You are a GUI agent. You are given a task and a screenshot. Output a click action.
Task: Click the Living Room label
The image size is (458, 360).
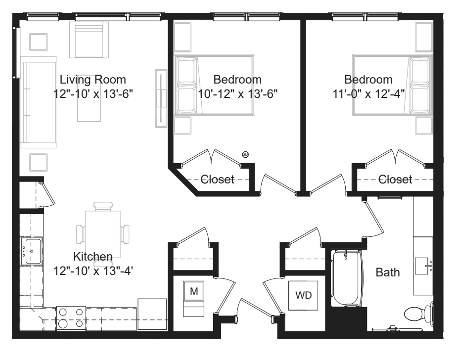tap(92, 80)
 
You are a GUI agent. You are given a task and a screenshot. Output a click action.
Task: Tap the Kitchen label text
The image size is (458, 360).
tap(93, 257)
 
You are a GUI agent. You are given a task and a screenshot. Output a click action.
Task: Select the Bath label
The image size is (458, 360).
tap(388, 272)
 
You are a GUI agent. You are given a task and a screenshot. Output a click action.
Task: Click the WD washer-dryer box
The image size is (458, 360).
tap(303, 296)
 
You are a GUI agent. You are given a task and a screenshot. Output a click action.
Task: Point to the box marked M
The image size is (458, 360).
tap(194, 291)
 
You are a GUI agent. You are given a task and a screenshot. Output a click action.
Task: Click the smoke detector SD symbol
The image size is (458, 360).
tap(245, 154)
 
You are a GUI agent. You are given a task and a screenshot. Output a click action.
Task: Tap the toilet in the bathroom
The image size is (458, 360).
tap(418, 314)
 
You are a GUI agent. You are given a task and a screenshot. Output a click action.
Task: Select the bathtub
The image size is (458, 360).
tap(346, 278)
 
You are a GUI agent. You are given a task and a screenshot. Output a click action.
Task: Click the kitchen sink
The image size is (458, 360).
tap(32, 251)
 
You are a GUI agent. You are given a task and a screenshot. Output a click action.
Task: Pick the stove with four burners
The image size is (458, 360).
tap(71, 318)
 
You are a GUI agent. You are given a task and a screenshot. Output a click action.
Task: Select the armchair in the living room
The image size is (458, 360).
tap(89, 40)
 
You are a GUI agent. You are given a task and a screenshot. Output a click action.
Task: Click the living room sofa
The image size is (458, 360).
tap(38, 102)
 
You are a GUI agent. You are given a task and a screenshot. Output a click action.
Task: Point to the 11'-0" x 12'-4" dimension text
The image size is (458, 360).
tap(368, 94)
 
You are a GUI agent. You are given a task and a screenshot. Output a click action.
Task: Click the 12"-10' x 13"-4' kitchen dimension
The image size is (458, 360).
tap(93, 271)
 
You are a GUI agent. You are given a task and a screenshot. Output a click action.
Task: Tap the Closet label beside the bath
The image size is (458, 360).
tap(395, 180)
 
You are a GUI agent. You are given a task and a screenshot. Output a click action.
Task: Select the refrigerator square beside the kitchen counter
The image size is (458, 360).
tap(152, 314)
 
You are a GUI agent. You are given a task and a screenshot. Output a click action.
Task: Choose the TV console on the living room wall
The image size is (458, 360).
tap(161, 98)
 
